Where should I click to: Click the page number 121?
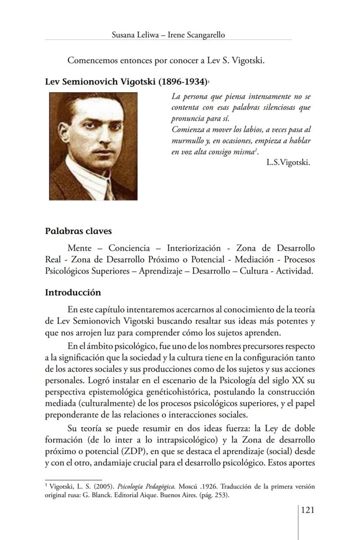(307, 510)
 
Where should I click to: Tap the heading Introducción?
(73, 292)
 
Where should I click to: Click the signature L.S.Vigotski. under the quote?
(288, 163)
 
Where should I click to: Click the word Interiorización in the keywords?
(193, 248)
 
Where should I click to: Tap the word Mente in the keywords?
(79, 248)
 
